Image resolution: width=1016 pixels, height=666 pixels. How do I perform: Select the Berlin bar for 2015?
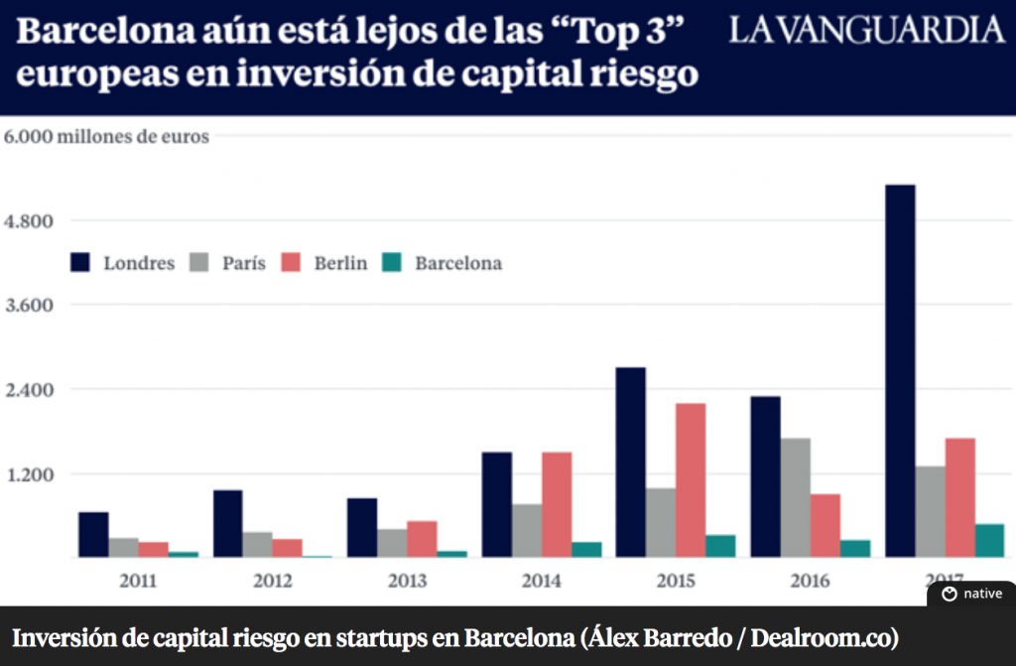pos(690,480)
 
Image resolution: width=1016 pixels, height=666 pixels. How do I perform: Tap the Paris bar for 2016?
pos(795,497)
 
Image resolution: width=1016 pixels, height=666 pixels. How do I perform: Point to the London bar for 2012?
pos(228,523)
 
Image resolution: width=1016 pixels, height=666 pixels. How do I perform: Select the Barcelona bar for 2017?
pos(989,540)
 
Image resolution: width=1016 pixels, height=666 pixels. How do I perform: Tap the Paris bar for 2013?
pos(392,543)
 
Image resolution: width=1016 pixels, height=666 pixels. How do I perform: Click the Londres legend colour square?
pos(80,263)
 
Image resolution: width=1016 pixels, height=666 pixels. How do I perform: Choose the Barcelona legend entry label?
pos(458,263)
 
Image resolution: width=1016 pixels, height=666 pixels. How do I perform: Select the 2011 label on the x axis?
pos(137,580)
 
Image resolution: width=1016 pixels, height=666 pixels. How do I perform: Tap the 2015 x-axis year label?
pos(675,580)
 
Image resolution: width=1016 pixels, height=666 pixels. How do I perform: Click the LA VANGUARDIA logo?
pos(866,31)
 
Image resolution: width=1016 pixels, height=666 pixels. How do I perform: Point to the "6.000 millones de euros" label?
pos(107,137)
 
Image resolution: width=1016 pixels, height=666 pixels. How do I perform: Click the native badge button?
pos(972,594)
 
